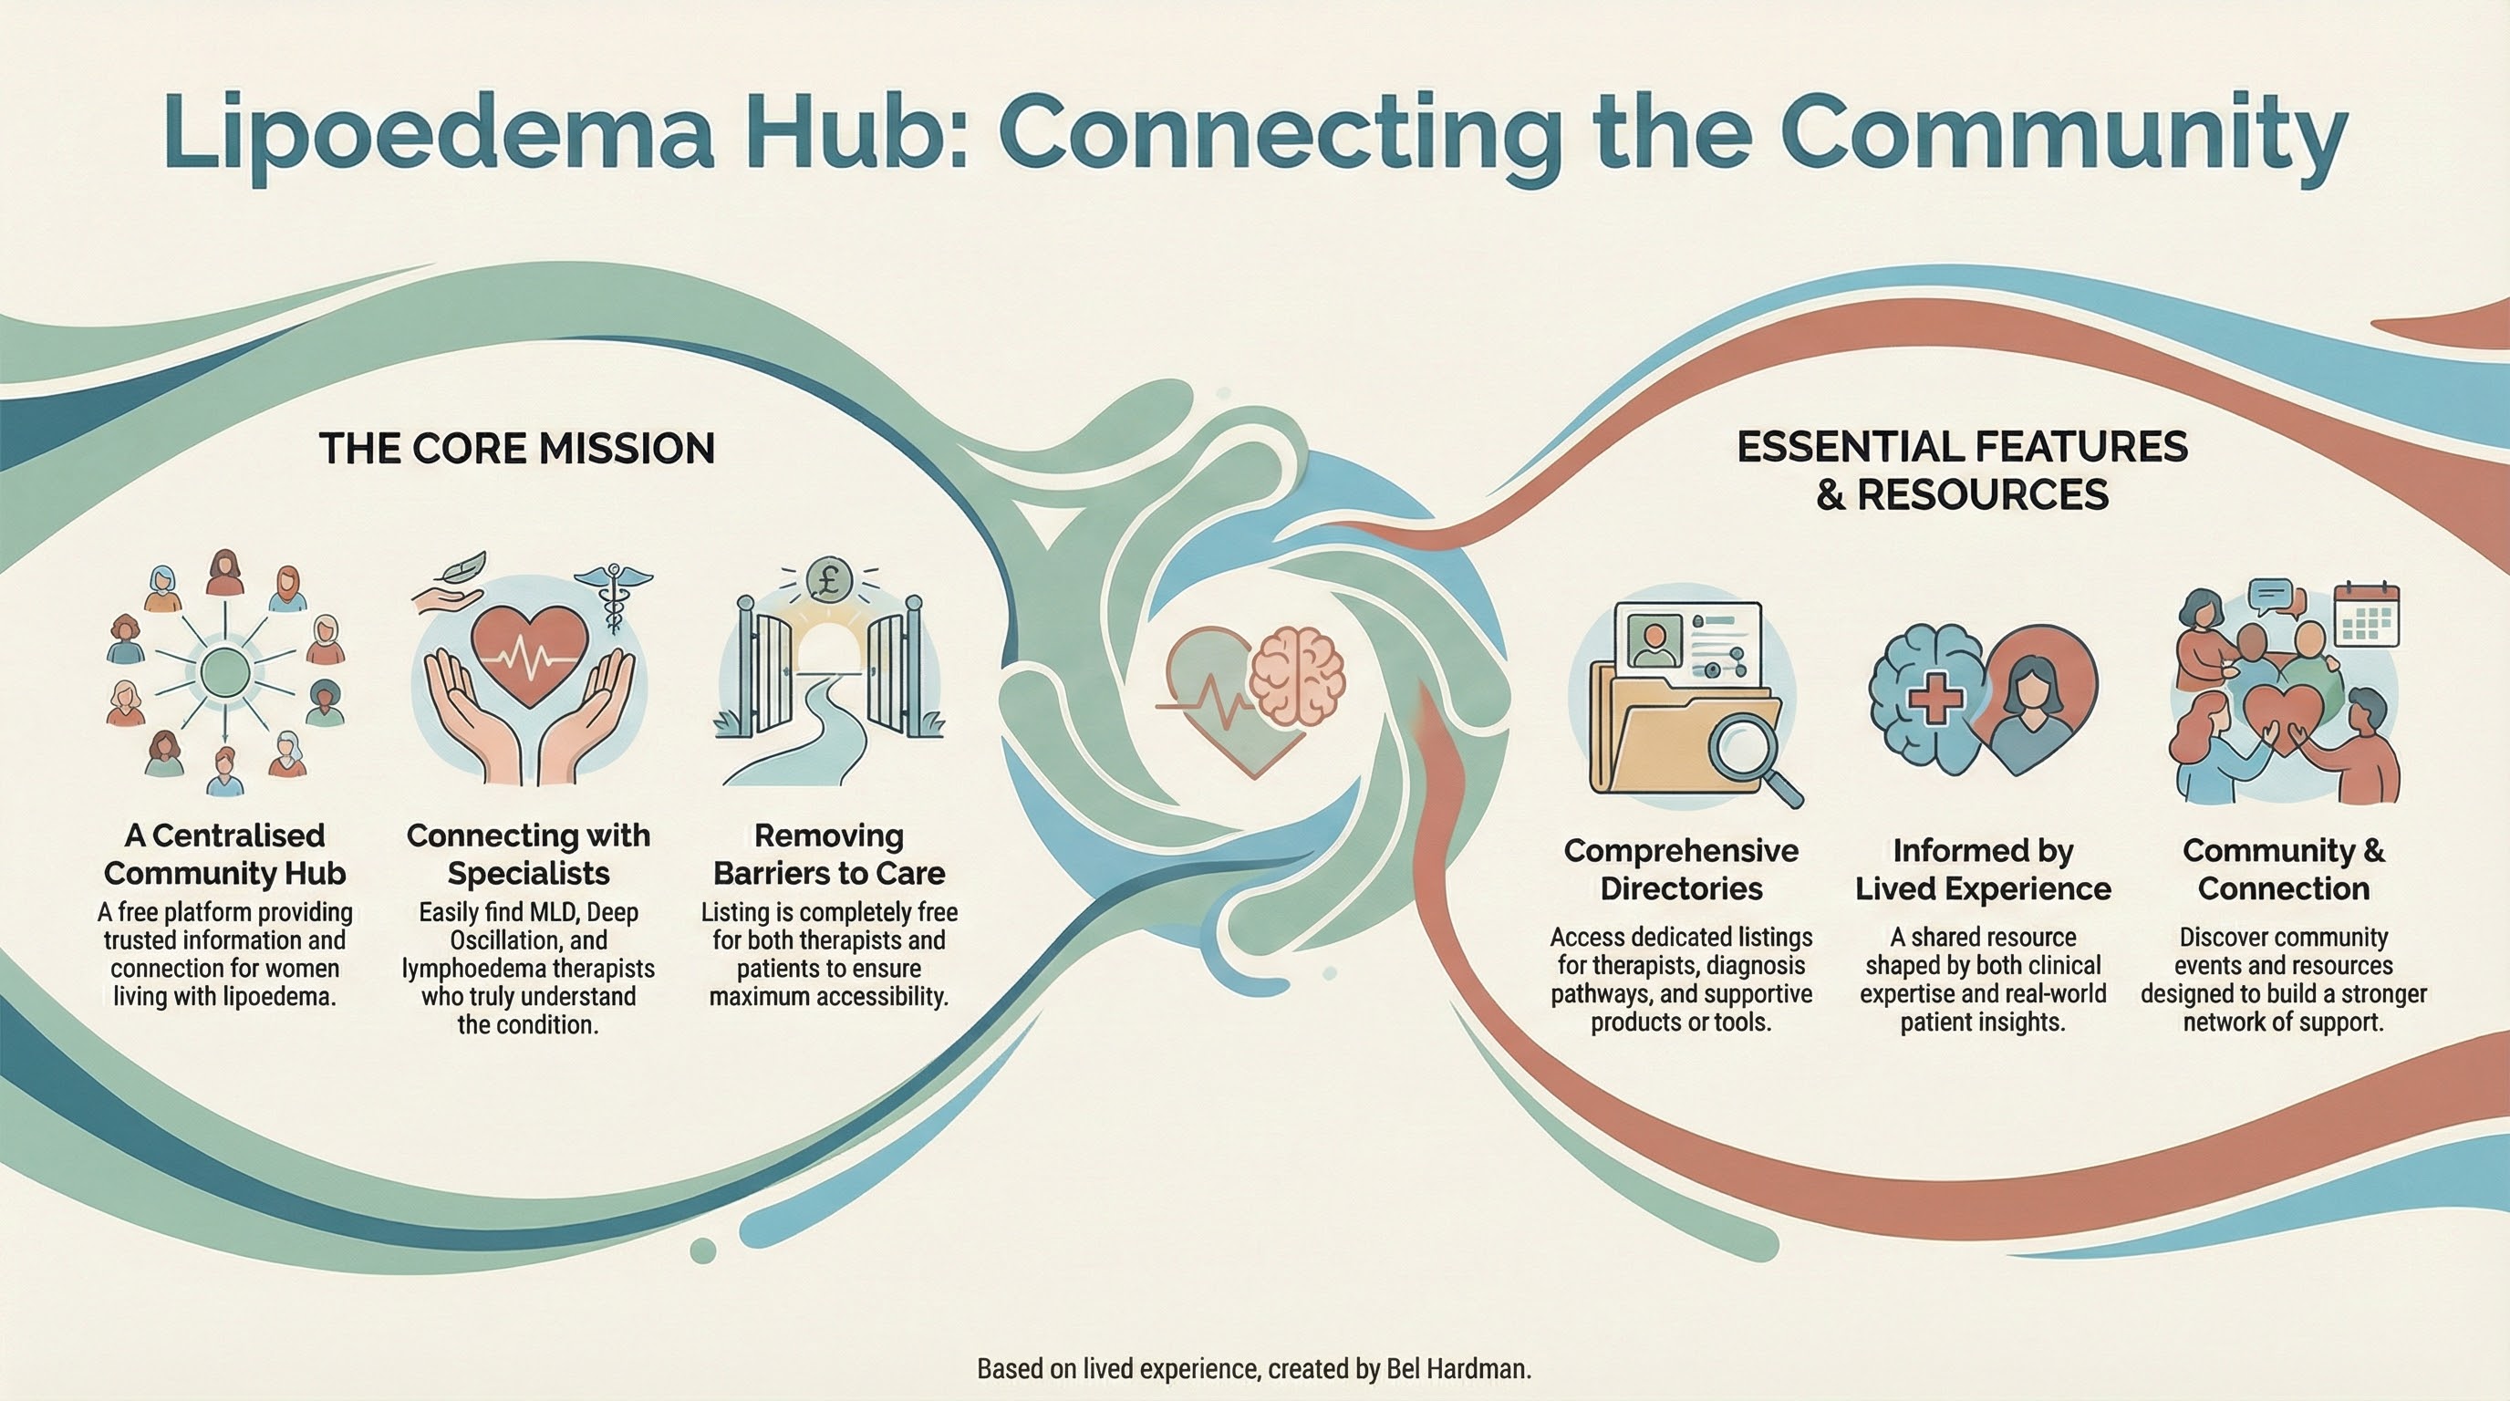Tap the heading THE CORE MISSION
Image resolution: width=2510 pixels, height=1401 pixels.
pos(516,449)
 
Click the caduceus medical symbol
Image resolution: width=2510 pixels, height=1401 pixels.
pos(613,596)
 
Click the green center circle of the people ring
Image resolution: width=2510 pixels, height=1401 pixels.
pos(225,671)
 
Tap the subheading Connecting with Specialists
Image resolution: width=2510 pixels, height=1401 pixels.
pos(528,855)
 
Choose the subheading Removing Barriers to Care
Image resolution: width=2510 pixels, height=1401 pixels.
pos(829,855)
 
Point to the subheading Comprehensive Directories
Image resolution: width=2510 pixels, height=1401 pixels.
pos(1681,869)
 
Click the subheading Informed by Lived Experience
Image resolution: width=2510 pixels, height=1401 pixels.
pos(1983,869)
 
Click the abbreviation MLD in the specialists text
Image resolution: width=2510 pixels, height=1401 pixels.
pos(554,913)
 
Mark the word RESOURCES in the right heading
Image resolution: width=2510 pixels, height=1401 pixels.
pos(1983,495)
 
